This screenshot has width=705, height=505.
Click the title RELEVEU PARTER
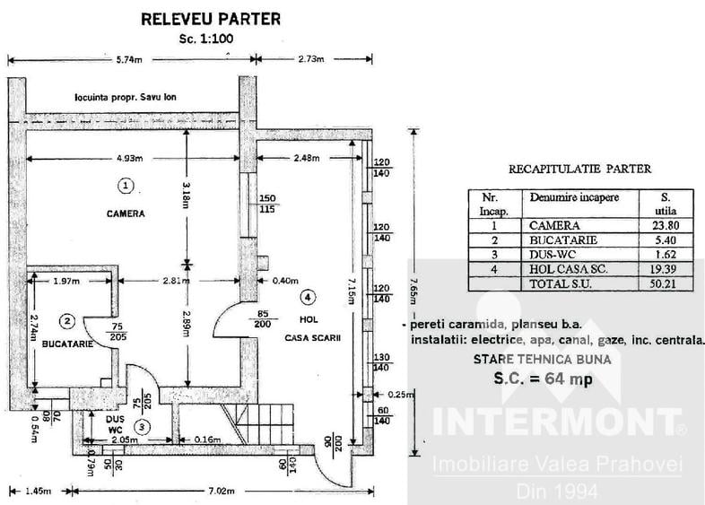pyautogui.click(x=211, y=20)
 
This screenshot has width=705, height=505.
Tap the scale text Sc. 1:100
pyautogui.click(x=206, y=39)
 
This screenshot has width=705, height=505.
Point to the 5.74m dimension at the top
pyautogui.click(x=129, y=59)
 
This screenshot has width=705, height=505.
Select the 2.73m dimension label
pyautogui.click(x=311, y=59)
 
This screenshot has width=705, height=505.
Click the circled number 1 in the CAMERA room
pyautogui.click(x=126, y=186)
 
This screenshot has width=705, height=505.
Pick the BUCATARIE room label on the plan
pyautogui.click(x=67, y=344)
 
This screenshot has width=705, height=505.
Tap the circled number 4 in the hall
pyautogui.click(x=308, y=297)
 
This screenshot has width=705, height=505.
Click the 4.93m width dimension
pyautogui.click(x=129, y=158)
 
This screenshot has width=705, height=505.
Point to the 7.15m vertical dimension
pyautogui.click(x=351, y=291)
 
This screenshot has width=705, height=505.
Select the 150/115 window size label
pyautogui.click(x=267, y=204)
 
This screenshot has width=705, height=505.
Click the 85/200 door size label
pyautogui.click(x=263, y=318)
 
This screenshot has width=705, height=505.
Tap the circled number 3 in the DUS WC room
pyautogui.click(x=143, y=426)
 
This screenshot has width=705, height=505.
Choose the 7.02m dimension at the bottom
pyautogui.click(x=221, y=491)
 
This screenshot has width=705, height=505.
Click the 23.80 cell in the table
pyautogui.click(x=666, y=225)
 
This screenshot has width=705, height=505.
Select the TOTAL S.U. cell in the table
pyautogui.click(x=561, y=283)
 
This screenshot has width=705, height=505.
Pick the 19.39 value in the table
pyautogui.click(x=666, y=269)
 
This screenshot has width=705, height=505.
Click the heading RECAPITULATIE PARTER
pyautogui.click(x=580, y=170)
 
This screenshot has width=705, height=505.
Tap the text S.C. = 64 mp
pyautogui.click(x=544, y=379)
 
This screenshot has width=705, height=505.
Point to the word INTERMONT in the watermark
pyautogui.click(x=556, y=422)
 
